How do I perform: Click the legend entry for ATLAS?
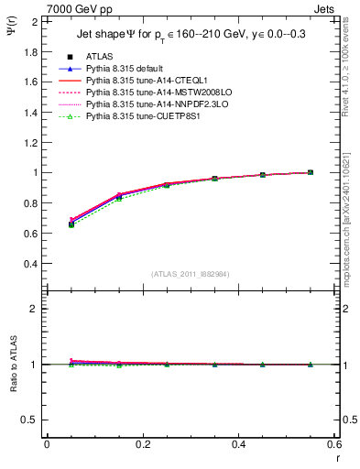pyautogui.click(x=100, y=56)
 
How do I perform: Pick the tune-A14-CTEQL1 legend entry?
pyautogui.click(x=147, y=82)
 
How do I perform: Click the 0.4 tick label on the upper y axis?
pyautogui.click(x=33, y=263)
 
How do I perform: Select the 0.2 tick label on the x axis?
pyautogui.click(x=142, y=444)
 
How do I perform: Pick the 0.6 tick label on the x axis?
pyautogui.click(x=334, y=444)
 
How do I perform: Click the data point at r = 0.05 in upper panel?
pyautogui.click(x=71, y=223)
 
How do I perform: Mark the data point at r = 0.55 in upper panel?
pyautogui.click(x=311, y=172)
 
